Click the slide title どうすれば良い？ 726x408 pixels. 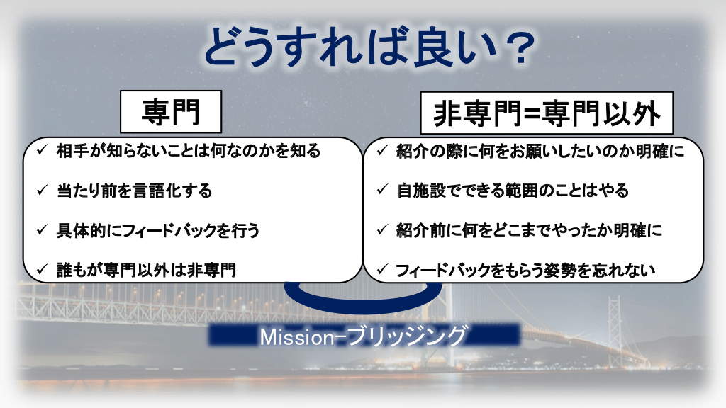[x=369, y=47]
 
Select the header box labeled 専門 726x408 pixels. [x=171, y=112]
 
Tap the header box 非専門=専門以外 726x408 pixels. [x=547, y=113]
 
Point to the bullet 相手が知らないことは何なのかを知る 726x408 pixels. [x=189, y=151]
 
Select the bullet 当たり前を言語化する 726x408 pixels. [x=134, y=191]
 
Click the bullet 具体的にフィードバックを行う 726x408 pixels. [x=158, y=230]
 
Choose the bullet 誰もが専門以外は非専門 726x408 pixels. [x=146, y=270]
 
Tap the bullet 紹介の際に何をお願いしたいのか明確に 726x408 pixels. [x=540, y=151]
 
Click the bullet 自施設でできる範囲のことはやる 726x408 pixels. [x=513, y=190]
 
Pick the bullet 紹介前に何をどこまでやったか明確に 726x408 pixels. [x=529, y=230]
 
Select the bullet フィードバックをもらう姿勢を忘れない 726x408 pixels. [x=525, y=270]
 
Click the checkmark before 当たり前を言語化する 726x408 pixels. [x=42, y=190]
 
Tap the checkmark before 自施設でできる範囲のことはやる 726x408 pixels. [x=382, y=189]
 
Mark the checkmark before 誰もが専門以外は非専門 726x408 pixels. [x=42, y=268]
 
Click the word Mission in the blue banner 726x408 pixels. [x=297, y=336]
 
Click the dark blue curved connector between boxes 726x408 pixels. [x=363, y=300]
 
